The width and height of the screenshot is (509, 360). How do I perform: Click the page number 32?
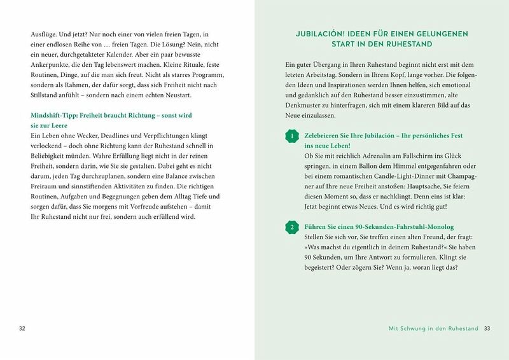click(22, 328)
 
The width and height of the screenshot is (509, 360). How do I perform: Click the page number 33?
click(487, 328)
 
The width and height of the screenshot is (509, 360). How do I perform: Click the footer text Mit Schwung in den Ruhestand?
click(432, 328)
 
